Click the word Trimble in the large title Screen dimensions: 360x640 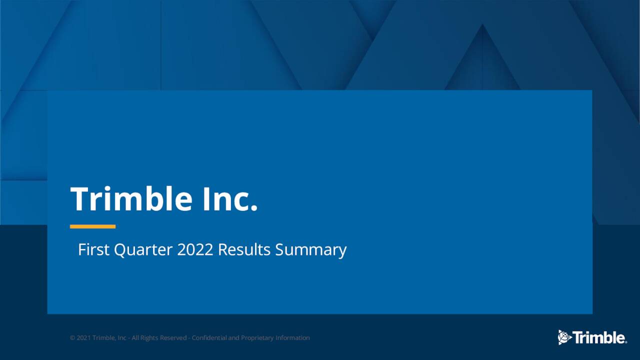click(x=131, y=199)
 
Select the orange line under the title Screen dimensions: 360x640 click(x=92, y=226)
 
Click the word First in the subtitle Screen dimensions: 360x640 click(x=94, y=249)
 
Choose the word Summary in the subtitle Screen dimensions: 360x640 click(x=310, y=249)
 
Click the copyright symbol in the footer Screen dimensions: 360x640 click(x=72, y=338)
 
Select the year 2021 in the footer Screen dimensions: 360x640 click(x=83, y=338)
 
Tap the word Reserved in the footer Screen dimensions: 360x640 click(x=173, y=338)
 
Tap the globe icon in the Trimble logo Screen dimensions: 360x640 click(x=564, y=337)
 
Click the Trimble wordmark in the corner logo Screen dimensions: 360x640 click(x=598, y=338)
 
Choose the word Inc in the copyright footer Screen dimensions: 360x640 click(x=122, y=338)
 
